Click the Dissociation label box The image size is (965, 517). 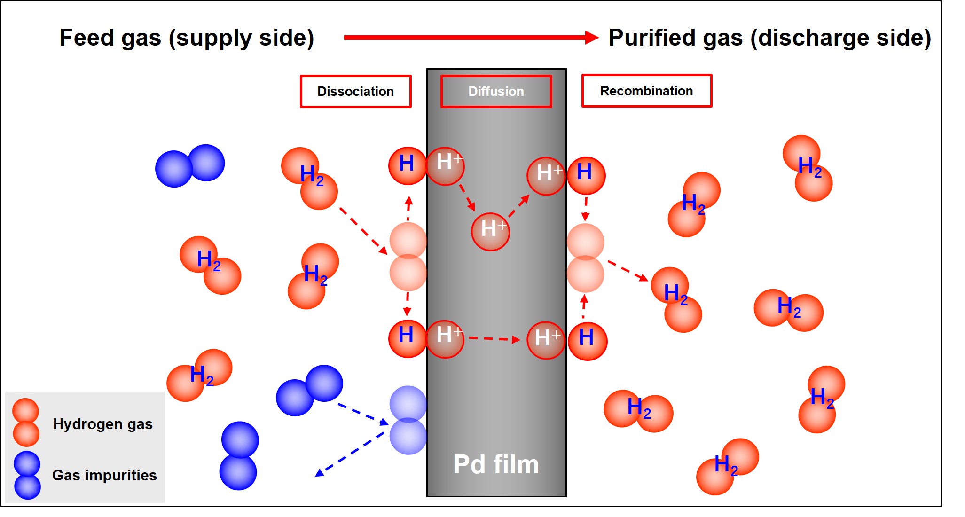point(355,91)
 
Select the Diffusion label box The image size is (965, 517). point(496,91)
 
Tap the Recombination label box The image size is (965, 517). point(646,91)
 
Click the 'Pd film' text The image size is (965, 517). point(496,464)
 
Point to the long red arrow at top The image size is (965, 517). point(470,37)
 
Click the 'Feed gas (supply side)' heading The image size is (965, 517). point(187,38)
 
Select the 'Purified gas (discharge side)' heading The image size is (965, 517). point(769,38)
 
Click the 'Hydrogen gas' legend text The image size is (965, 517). point(102,424)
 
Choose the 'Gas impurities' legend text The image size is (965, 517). point(104,475)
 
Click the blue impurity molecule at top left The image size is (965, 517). point(190,165)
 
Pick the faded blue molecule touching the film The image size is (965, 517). point(408,420)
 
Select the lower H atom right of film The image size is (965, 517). point(587,341)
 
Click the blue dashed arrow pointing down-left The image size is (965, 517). point(350,453)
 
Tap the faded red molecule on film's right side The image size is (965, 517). point(585,258)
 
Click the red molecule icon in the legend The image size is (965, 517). point(26,422)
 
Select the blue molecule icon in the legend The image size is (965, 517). point(27,475)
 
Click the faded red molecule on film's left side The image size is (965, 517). point(408,257)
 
